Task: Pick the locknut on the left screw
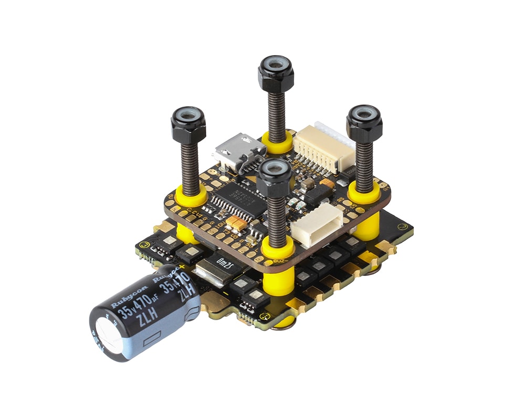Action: click(x=188, y=126)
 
